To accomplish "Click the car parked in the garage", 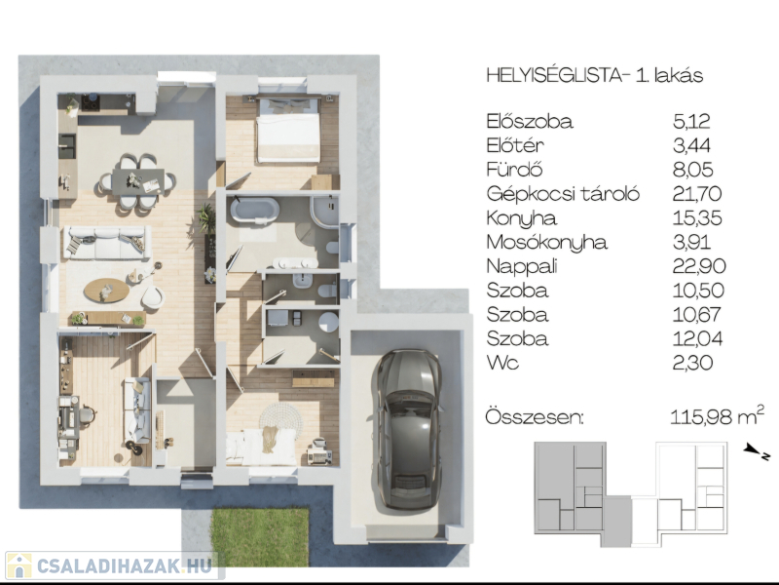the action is coord(408,429).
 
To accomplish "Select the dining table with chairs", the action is coord(137,181).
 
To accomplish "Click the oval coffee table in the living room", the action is coord(106,290).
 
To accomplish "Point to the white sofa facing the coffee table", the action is coord(107,242).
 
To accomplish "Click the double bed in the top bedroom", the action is coord(287,130).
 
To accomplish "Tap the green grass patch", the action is coord(260,537).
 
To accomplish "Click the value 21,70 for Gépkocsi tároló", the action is coord(696,193).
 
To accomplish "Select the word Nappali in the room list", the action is coord(522,266).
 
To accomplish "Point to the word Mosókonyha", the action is coord(546,242).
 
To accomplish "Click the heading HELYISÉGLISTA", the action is coord(554,76).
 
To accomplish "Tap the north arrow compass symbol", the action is coord(757,451).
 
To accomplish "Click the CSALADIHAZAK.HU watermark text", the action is coord(125,565).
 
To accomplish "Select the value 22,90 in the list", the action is coord(699,266).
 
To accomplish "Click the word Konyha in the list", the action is coord(522,218).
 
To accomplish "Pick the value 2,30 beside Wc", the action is coord(692,363).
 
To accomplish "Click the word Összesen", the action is coord(535,416).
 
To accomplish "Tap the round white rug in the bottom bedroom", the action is coord(280,419).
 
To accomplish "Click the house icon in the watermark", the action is coord(19,566).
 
